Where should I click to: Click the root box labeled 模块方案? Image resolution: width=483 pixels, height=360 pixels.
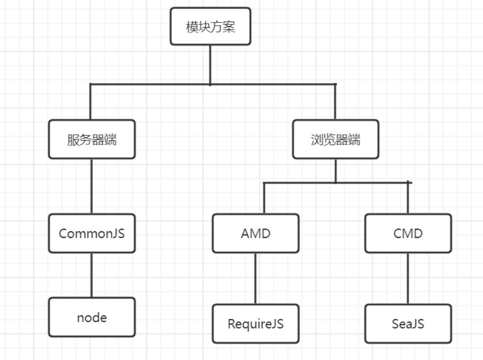(x=210, y=26)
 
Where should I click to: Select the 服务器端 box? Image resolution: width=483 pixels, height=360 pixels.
(x=91, y=139)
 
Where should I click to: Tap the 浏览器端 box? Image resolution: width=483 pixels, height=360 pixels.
(x=335, y=139)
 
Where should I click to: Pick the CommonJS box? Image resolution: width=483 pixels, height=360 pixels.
(x=91, y=234)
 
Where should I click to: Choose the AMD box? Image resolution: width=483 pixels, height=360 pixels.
(x=255, y=234)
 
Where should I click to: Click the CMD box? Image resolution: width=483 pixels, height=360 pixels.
(x=408, y=234)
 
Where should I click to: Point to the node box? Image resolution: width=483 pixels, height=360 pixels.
(x=91, y=317)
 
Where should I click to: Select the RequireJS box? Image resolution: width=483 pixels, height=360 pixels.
(x=255, y=324)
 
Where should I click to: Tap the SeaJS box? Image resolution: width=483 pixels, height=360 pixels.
(x=408, y=324)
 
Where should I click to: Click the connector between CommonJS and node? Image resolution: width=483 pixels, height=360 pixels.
(x=91, y=275)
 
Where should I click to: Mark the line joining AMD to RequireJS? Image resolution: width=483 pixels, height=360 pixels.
(x=255, y=279)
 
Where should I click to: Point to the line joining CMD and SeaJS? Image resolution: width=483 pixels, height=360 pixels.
(x=408, y=279)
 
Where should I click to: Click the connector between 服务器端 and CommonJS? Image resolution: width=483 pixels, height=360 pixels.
(x=91, y=186)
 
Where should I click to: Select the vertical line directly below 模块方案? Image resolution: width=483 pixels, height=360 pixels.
(x=210, y=64)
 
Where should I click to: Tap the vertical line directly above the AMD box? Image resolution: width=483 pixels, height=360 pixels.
(x=264, y=198)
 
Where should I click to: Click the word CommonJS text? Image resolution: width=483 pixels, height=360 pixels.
(x=91, y=234)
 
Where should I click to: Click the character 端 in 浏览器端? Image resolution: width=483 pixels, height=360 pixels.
(x=354, y=140)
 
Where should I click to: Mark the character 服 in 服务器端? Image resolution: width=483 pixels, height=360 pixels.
(x=73, y=140)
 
